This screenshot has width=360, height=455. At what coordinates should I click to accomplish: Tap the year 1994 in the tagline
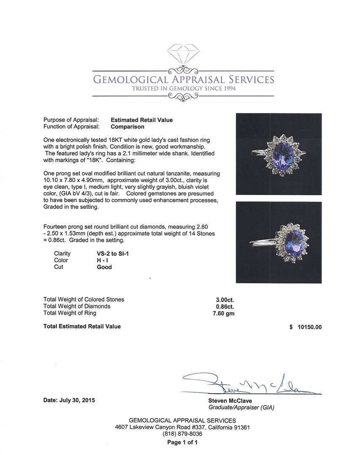click(x=227, y=88)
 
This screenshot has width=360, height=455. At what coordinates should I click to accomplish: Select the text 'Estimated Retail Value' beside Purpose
click(x=141, y=120)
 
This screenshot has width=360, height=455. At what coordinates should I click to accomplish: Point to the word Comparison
click(x=128, y=126)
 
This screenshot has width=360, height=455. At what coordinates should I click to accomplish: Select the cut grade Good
click(x=104, y=267)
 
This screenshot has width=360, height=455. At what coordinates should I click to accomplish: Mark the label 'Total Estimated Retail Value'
click(x=82, y=327)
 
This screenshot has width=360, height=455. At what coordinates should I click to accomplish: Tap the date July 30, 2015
click(x=69, y=400)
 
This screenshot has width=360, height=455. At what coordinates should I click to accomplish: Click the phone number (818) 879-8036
click(x=182, y=434)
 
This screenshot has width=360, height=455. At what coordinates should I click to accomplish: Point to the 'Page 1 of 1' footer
click(x=182, y=442)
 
